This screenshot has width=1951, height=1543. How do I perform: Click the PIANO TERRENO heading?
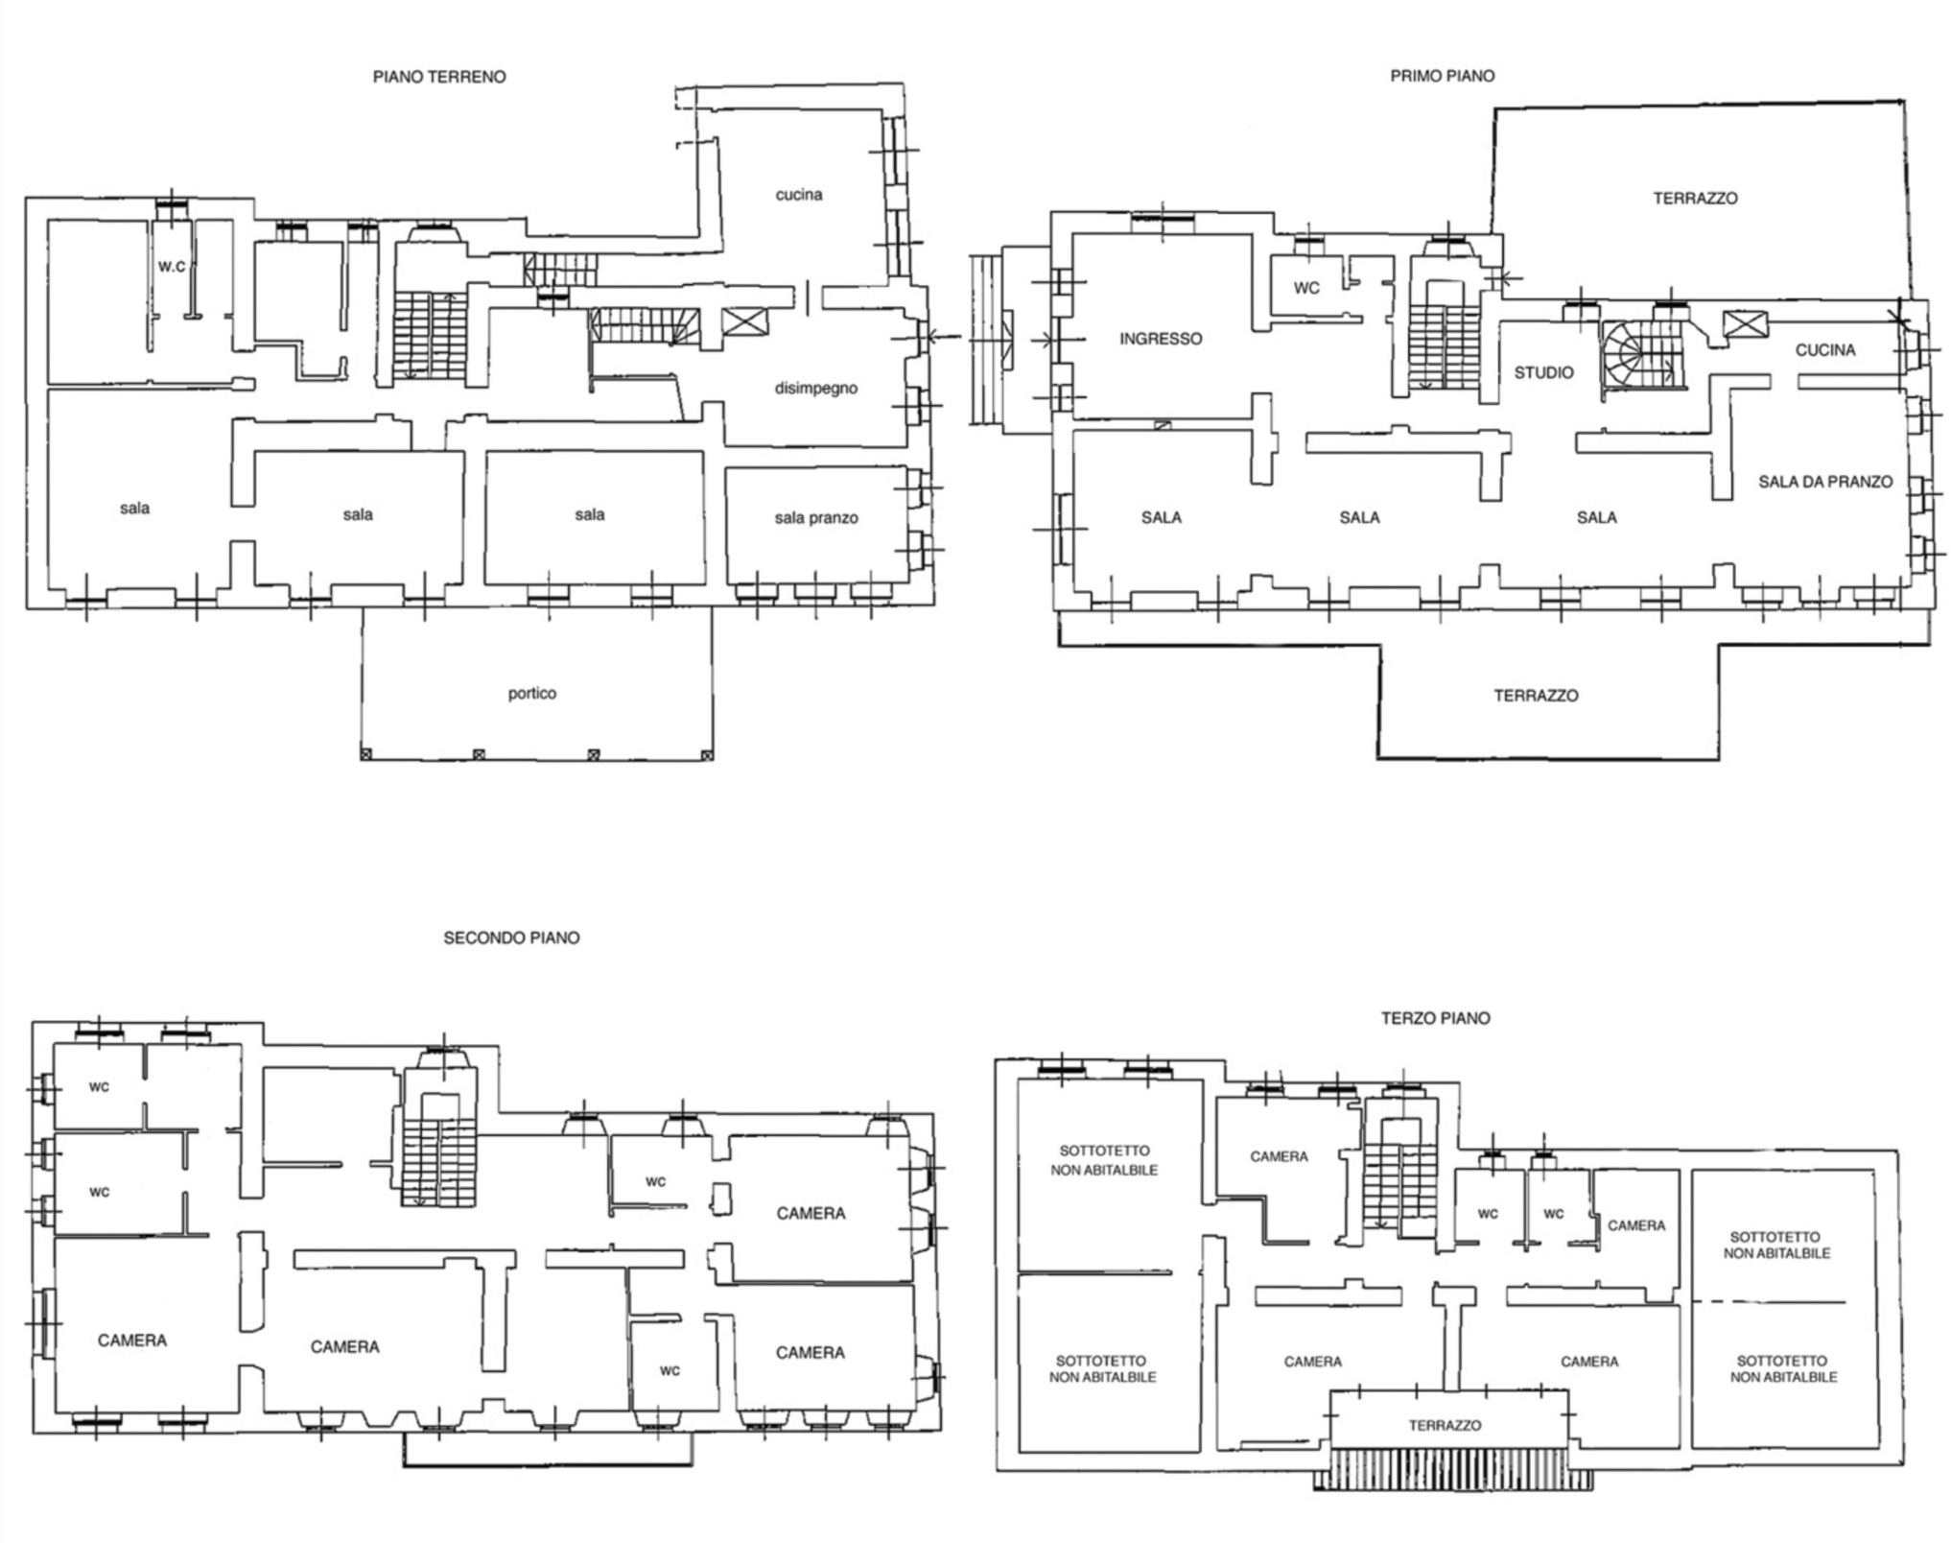[439, 77]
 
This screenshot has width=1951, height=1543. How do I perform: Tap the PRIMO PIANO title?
[1442, 76]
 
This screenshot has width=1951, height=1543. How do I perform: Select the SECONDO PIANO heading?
[511, 938]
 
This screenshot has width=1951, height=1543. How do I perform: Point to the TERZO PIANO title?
[1435, 1018]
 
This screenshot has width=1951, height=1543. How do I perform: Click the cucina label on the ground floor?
[799, 195]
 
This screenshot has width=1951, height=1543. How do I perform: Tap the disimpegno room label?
[815, 389]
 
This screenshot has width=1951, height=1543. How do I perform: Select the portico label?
[532, 693]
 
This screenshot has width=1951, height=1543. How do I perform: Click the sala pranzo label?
[816, 518]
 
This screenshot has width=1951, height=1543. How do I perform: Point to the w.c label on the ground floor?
[172, 266]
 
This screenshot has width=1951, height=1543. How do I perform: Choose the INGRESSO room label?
[1161, 339]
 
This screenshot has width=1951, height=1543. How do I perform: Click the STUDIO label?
[1543, 372]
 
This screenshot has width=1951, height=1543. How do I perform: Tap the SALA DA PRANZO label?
[1825, 482]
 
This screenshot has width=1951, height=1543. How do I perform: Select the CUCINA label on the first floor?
[1824, 350]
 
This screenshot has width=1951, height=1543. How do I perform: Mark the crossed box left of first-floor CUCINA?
[1745, 324]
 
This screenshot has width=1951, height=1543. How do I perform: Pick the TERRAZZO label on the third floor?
[1445, 1426]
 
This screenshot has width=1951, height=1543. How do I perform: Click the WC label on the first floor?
[1306, 288]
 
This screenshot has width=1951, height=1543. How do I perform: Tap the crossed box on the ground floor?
[744, 320]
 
